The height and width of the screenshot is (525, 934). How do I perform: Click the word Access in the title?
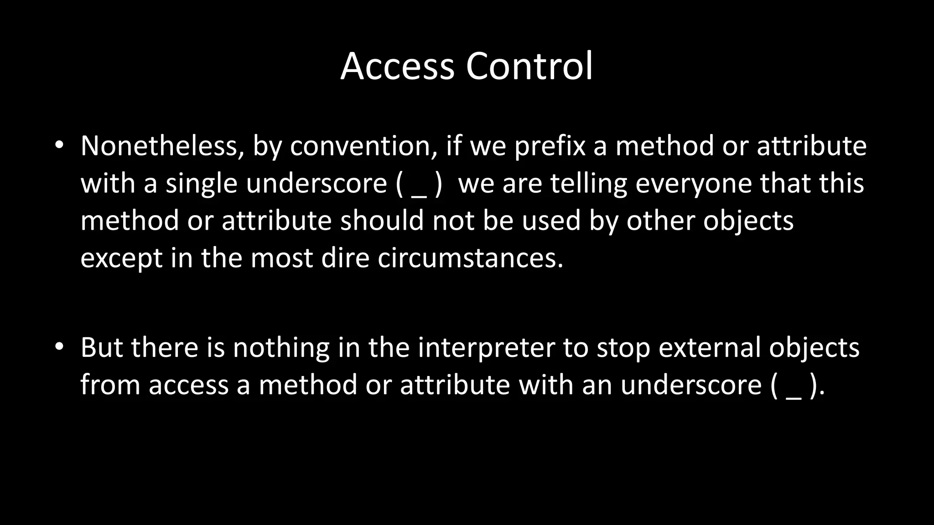tap(397, 67)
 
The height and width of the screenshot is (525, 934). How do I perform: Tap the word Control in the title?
tap(529, 67)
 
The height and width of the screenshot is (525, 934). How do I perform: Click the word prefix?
tap(550, 147)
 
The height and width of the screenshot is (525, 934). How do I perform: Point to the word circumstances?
tap(470, 258)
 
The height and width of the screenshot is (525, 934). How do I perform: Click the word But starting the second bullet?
tap(101, 347)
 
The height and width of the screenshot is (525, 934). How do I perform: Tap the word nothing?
tap(281, 348)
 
